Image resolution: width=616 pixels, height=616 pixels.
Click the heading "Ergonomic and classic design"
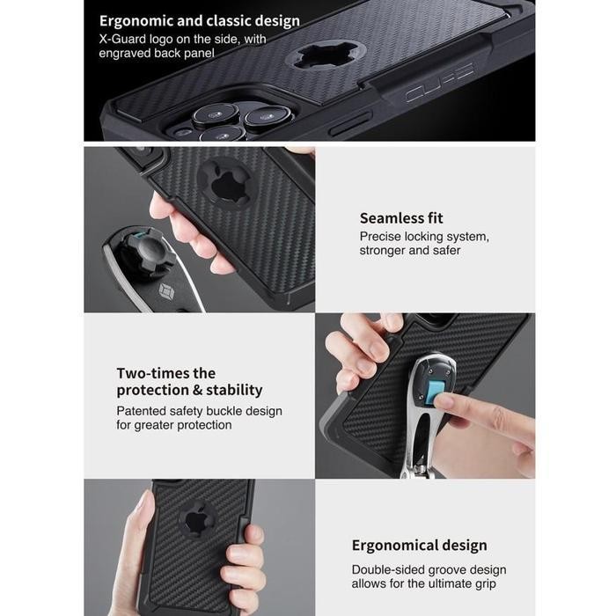(x=199, y=21)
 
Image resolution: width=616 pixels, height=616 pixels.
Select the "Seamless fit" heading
(x=401, y=218)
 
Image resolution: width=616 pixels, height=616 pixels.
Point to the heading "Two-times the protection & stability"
(x=189, y=382)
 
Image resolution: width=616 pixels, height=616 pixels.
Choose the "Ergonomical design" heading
(x=419, y=546)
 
